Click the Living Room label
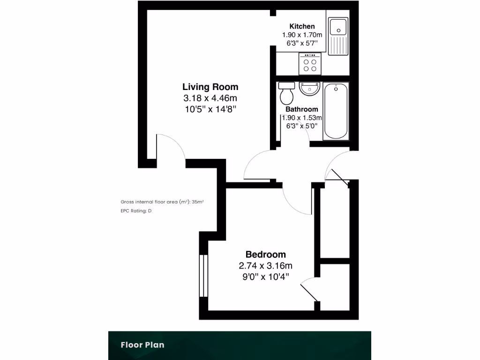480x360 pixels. tap(210, 87)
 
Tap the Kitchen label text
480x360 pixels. tap(302, 26)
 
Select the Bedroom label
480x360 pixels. tap(265, 255)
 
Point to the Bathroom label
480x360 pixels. tap(302, 109)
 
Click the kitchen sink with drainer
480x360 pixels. tap(337, 37)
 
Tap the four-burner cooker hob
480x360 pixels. tap(310, 63)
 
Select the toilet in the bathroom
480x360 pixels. tap(286, 93)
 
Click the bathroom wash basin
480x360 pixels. tap(309, 88)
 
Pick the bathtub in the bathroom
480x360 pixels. tap(336, 111)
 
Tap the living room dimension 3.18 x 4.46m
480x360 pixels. tap(210, 98)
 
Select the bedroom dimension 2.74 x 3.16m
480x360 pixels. tap(265, 266)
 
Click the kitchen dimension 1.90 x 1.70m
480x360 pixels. tap(302, 35)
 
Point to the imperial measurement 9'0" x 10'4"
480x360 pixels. tap(265, 277)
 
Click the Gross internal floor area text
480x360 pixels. tap(162, 202)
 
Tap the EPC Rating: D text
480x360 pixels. tap(136, 211)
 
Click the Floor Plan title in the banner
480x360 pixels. tap(142, 345)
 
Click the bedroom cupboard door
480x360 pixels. tap(308, 290)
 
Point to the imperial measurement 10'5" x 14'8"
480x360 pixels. tap(210, 109)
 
